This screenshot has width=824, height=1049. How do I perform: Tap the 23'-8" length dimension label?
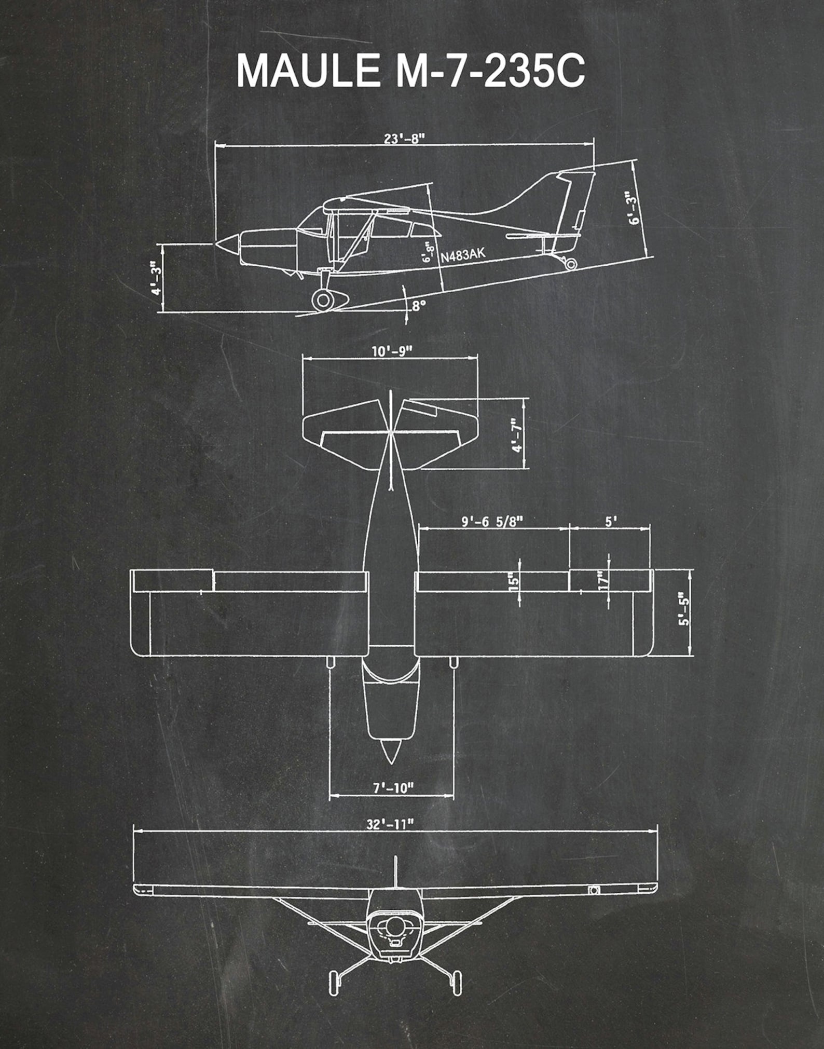pos(404,139)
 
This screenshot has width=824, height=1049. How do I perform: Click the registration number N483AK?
pos(463,255)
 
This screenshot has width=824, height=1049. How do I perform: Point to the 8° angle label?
pos(418,306)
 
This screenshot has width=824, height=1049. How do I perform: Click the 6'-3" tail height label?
pos(633,208)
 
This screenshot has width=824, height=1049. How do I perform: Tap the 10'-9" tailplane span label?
pos(391,351)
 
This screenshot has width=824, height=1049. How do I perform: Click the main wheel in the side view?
pos(323,299)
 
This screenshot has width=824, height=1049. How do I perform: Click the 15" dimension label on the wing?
pos(514,580)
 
